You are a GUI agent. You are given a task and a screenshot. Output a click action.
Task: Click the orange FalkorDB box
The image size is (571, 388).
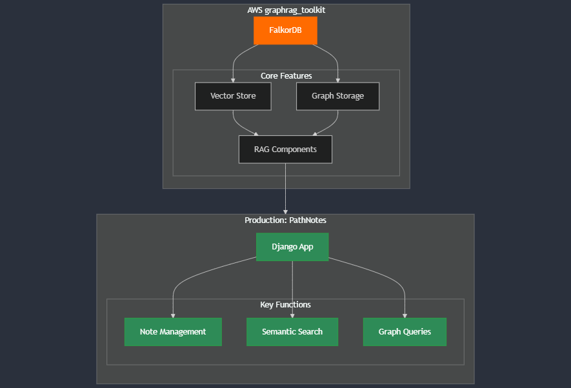point(285,30)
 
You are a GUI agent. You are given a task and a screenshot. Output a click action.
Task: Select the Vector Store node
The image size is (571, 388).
point(233,96)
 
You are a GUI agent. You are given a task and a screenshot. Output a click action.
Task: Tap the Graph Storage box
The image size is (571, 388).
point(337,96)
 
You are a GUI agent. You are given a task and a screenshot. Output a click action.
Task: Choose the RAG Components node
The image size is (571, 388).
point(285,150)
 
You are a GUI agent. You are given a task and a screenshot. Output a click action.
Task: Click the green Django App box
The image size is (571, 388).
point(292,247)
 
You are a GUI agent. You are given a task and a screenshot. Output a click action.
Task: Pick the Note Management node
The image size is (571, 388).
point(173,332)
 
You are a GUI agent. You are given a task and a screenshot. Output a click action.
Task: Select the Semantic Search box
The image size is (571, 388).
point(292,332)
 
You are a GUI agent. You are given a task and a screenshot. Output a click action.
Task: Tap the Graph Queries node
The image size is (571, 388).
point(405,332)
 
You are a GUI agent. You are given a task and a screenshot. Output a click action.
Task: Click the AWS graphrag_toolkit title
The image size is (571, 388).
point(286,10)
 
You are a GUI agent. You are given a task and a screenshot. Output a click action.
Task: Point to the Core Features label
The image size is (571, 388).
point(286,76)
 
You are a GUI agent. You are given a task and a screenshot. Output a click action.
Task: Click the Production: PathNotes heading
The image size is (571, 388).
point(285,220)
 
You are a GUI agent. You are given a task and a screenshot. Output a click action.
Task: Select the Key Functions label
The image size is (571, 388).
point(285,305)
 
